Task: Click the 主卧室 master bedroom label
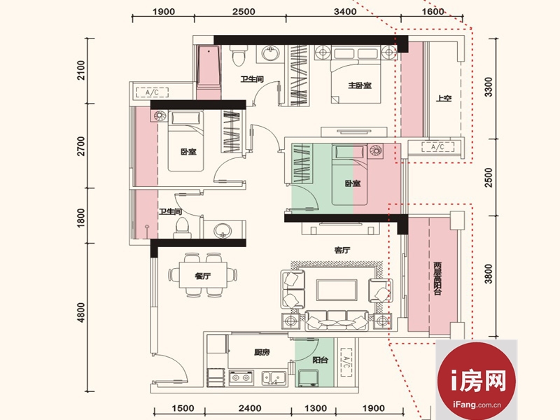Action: coord(360,85)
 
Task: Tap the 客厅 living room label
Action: coord(342,251)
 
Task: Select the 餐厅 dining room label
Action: coord(202,276)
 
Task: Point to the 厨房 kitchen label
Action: coord(262,353)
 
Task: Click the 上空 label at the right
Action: coord(444,98)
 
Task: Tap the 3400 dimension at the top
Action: coord(345,11)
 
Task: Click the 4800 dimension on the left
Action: coord(81,312)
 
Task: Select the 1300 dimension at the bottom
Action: coord(316,408)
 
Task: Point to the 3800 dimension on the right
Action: coord(488,274)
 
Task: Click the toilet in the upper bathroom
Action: coord(238,55)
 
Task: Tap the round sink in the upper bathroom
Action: coord(270,54)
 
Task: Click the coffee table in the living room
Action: coord(337,290)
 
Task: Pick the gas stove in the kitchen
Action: coord(241,377)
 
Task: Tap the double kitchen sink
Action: coord(274,378)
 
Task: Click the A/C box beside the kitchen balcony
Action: coord(345,363)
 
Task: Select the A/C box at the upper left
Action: coord(152,92)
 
